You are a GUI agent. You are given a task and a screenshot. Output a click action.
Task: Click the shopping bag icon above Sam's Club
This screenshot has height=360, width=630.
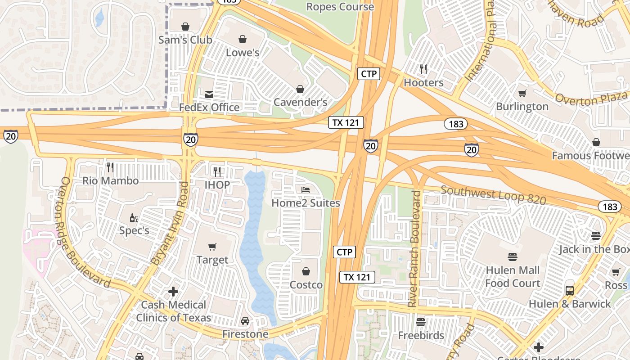(185, 27)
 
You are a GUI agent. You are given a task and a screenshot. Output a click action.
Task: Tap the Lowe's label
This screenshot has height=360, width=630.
(243, 53)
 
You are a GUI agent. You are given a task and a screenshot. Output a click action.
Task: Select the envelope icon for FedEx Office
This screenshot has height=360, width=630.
(209, 94)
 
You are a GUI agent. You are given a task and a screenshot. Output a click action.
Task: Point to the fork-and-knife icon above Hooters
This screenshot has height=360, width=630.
(423, 69)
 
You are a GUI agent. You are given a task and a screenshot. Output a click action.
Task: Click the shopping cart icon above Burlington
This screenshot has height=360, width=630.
(522, 94)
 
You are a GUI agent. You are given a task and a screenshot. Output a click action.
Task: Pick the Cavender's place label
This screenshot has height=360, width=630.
(301, 102)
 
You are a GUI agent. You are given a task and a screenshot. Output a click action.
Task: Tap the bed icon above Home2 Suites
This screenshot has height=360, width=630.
(306, 189)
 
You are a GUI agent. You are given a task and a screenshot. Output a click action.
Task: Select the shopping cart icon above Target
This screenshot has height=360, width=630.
(212, 247)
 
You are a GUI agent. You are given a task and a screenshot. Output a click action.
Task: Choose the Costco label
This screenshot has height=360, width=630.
(306, 285)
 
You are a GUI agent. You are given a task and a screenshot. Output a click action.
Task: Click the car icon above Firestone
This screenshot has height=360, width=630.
(245, 321)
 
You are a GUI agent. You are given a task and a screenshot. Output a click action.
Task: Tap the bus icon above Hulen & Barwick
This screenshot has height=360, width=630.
(570, 291)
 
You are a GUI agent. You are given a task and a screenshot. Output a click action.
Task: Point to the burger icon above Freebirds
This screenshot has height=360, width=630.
(421, 322)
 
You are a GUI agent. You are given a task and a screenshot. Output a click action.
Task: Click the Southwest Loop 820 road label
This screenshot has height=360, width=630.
(493, 195)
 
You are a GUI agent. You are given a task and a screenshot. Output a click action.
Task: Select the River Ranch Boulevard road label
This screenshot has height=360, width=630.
(414, 249)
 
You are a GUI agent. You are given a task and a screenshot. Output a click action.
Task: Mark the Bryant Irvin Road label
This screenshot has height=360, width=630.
(170, 224)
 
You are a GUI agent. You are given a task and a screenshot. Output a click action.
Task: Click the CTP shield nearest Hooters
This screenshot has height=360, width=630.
(369, 74)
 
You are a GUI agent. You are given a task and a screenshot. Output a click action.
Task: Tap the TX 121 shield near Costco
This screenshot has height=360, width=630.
(357, 277)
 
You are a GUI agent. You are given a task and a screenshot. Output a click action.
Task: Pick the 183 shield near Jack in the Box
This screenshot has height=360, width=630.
(610, 207)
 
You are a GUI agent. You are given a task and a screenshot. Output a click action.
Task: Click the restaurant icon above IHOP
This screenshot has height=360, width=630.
(217, 171)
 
